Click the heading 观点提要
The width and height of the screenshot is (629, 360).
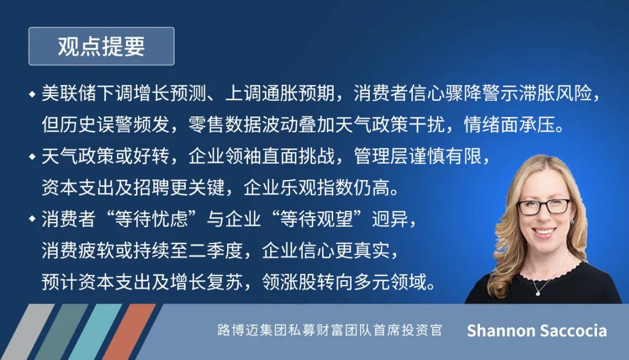click(101, 46)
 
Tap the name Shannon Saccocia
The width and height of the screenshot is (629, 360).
click(537, 331)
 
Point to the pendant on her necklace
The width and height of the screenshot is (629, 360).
click(538, 294)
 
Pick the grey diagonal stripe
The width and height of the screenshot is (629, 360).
click(28, 332)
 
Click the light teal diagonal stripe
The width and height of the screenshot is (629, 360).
click(96, 332)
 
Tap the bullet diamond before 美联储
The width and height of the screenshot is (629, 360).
click(33, 95)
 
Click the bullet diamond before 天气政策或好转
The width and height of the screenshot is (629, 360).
click(33, 157)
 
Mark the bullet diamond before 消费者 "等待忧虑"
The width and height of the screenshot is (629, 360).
click(33, 219)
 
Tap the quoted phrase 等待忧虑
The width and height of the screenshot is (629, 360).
click(151, 219)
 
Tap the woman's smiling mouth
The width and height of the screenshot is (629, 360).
click(545, 232)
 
